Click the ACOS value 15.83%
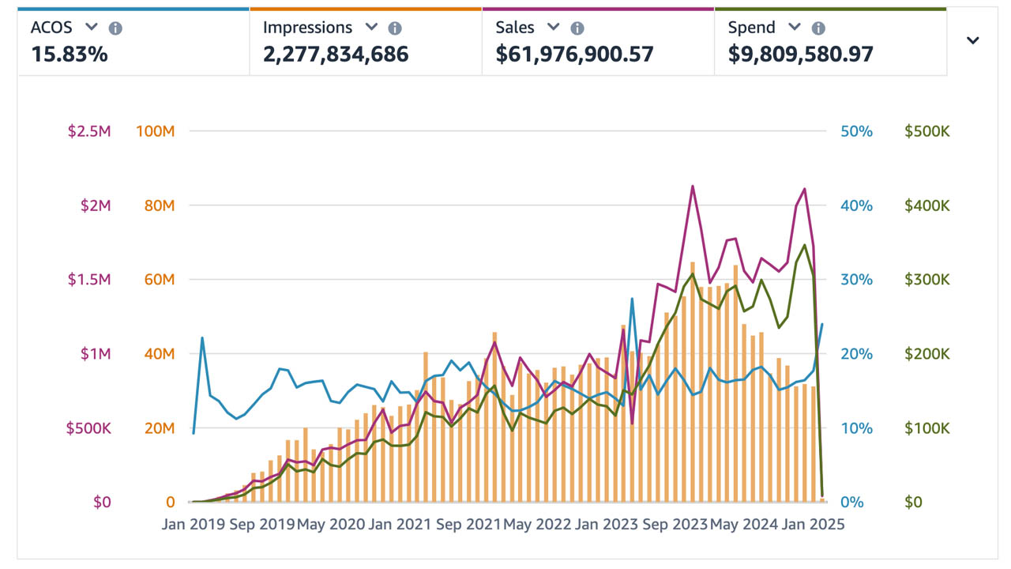point(70,55)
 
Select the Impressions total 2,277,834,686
point(336,55)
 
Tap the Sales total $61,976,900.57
point(574,55)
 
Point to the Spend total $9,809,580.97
point(800,55)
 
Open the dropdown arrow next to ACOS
point(92,27)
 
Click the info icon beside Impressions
point(395,28)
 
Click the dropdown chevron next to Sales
point(554,27)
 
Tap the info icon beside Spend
point(818,28)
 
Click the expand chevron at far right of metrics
point(973,40)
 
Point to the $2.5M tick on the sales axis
point(89,131)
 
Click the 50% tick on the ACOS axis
point(856,131)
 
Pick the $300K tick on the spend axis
point(927,280)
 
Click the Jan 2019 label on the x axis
point(194,524)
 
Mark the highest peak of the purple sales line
point(693,187)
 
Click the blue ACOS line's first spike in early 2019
point(202,337)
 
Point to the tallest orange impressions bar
point(693,263)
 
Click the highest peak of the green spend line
point(805,245)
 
